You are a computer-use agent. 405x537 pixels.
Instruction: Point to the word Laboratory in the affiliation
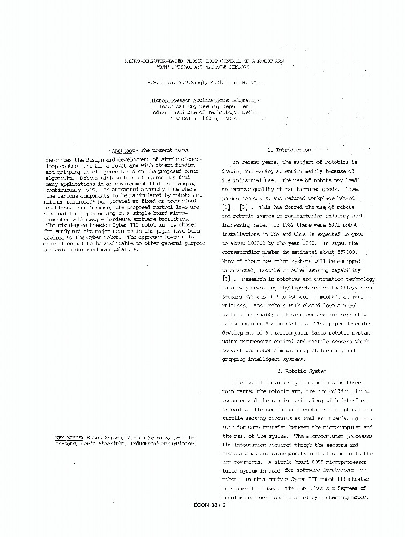coord(245,100)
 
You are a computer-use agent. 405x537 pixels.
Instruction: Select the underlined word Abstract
coord(123,150)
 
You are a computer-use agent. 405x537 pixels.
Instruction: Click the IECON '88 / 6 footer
coord(209,505)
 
